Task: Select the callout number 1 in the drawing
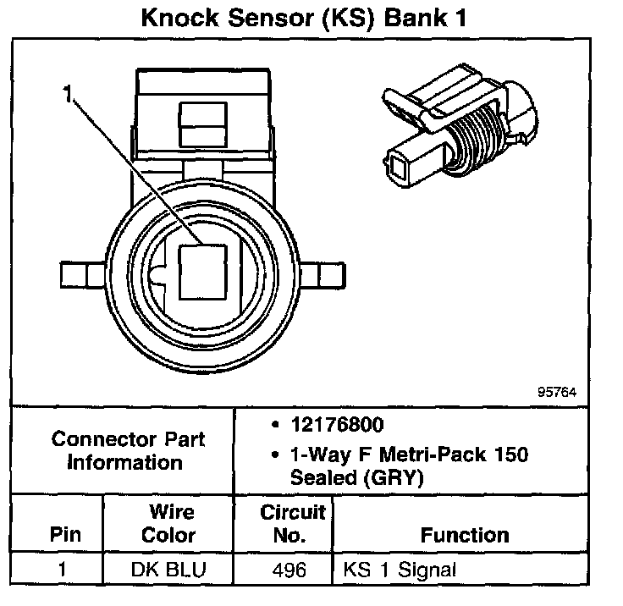point(68,95)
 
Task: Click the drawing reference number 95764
point(556,393)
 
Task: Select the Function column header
point(465,535)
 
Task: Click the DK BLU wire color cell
point(168,569)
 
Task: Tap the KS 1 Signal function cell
point(400,569)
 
